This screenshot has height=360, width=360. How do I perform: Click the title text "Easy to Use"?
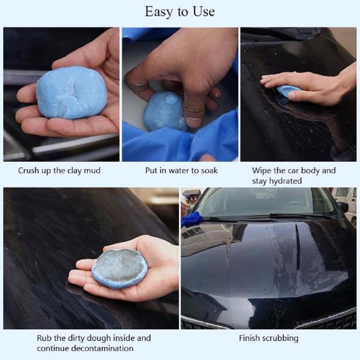(x=180, y=12)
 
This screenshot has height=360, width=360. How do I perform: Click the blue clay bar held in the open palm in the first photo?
(x=71, y=92)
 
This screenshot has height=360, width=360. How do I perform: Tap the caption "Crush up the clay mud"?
(x=59, y=170)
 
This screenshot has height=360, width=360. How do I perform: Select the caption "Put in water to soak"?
(x=181, y=170)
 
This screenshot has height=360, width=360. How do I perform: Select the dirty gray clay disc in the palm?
(x=119, y=268)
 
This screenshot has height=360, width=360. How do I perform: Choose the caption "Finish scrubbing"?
(x=269, y=338)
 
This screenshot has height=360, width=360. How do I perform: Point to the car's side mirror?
(x=343, y=207)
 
